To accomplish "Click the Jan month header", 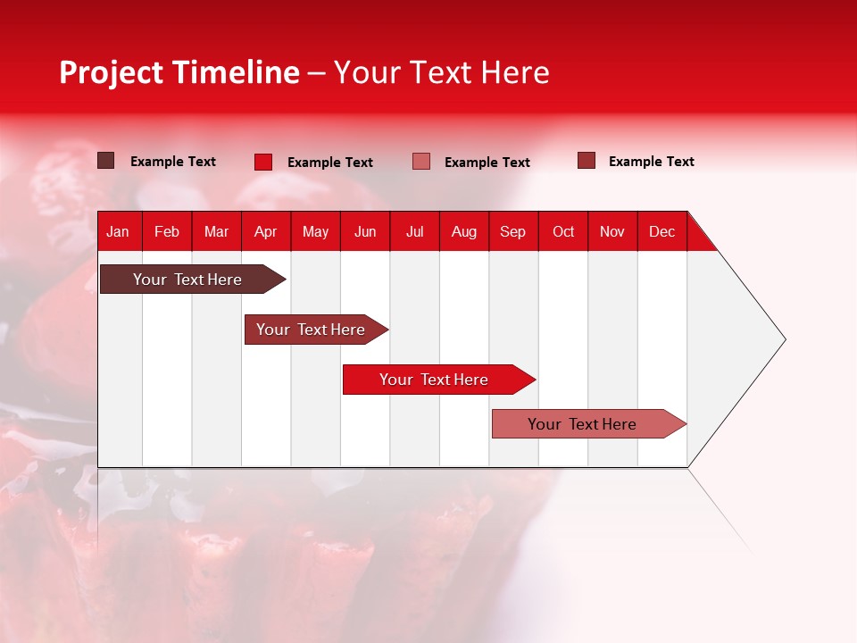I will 118,231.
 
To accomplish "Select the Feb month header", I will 167,231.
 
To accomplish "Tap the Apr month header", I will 265,231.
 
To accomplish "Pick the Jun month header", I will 365,231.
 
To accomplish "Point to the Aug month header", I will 464,231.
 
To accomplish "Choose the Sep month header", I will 512,231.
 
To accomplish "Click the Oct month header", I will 563,231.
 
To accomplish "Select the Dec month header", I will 661,231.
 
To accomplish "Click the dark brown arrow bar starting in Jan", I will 187,280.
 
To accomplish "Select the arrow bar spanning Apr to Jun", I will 311,330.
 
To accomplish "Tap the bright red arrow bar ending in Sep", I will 434,380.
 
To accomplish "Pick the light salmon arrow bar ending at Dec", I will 582,424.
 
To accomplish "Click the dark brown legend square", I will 105,161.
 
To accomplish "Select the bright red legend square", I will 262,162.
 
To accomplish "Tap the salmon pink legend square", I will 421,162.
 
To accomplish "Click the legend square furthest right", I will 586,161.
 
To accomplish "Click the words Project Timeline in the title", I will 179,72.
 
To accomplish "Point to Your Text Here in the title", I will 442,72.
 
